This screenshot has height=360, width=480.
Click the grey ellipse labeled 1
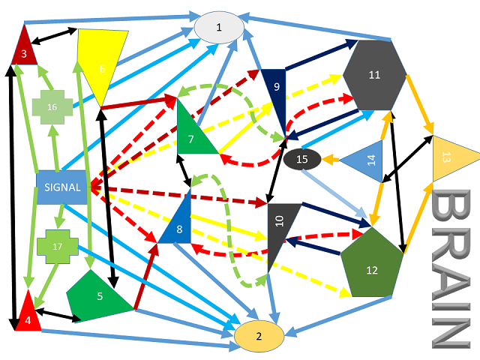(x=219, y=28)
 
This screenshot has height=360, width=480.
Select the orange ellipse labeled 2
(x=259, y=336)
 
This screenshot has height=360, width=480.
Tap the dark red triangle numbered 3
(x=25, y=49)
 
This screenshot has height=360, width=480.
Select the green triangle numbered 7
(x=192, y=135)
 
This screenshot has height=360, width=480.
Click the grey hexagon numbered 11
(x=375, y=74)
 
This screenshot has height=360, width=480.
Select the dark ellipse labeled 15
(x=302, y=159)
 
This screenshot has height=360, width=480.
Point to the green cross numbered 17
(x=57, y=246)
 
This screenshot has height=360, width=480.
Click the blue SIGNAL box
(x=62, y=187)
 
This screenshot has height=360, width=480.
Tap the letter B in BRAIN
(x=451, y=210)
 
